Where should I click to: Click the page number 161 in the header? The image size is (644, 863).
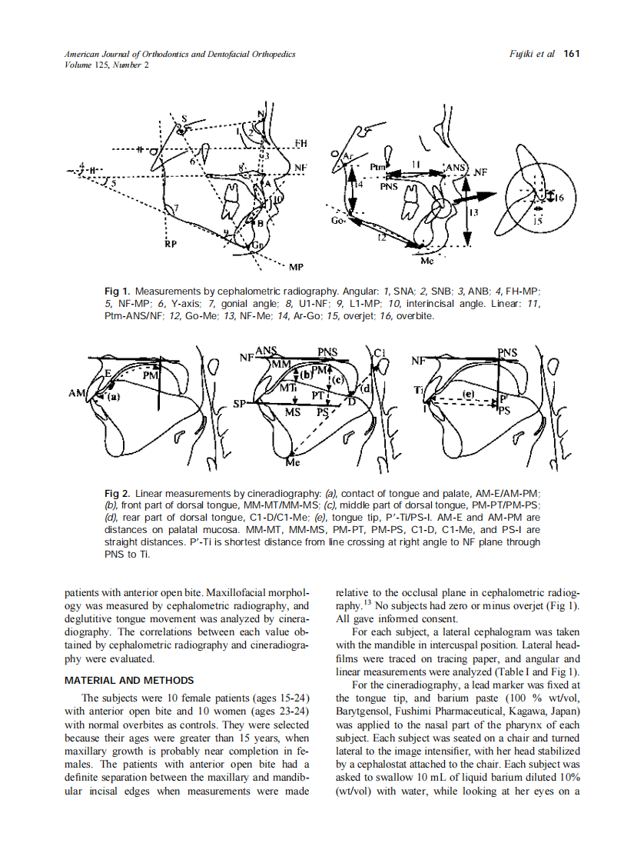tap(571, 54)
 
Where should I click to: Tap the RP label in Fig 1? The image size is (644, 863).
tap(171, 245)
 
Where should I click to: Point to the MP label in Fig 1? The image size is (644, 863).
tap(295, 267)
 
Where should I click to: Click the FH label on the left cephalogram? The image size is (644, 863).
tap(300, 144)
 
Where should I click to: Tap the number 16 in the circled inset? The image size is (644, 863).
tap(559, 198)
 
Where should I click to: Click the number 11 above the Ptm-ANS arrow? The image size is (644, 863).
tap(414, 164)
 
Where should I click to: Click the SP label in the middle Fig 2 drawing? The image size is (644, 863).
tap(238, 404)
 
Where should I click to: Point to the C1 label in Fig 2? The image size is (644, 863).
tap(380, 352)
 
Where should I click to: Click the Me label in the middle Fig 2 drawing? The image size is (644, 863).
tap(293, 463)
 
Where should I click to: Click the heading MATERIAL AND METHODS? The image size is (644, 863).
tap(129, 680)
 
